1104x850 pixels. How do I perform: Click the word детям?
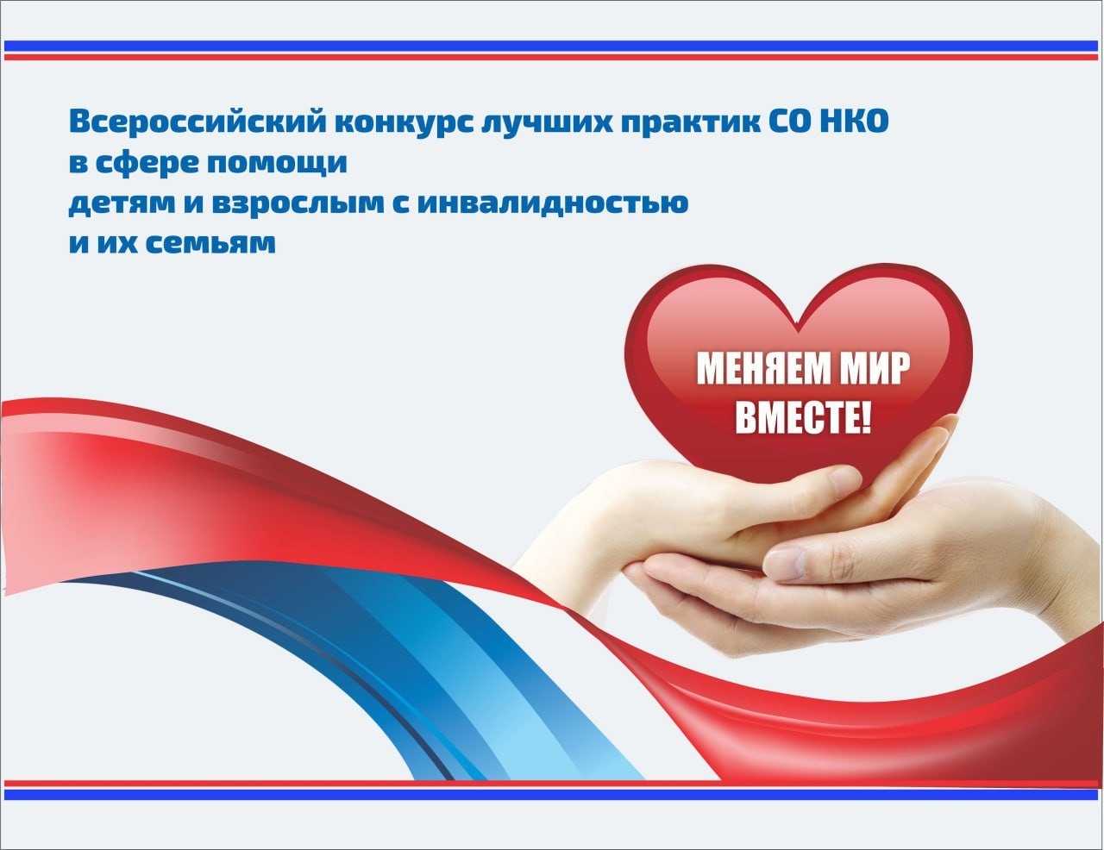pyautogui.click(x=114, y=203)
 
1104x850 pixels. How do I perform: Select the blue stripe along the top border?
pyautogui.click(x=552, y=45)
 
